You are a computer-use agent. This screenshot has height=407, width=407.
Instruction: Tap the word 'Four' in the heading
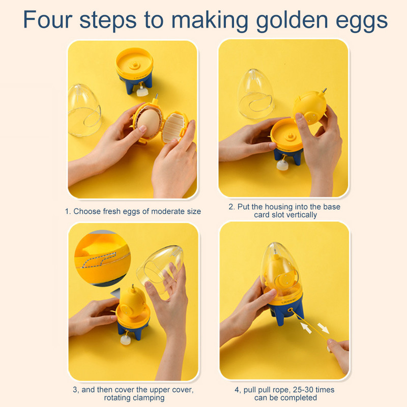pos(47,19)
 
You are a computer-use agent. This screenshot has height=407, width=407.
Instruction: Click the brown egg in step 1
pos(149,123)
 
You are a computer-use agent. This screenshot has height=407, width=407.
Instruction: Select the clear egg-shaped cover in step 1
pos(84,110)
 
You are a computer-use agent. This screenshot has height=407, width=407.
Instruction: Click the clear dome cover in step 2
pos(255,94)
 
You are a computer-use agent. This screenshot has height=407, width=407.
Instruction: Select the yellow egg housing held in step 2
pos(310,107)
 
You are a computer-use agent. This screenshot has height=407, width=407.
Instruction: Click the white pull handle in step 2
pos(282,165)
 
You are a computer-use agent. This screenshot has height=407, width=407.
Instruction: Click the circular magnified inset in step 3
pos(103,258)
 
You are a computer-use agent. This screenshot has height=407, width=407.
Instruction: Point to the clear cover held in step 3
pos(160,269)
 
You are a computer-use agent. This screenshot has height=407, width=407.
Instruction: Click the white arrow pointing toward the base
pos(306,328)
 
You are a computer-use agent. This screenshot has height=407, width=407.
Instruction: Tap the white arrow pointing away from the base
pos(324,328)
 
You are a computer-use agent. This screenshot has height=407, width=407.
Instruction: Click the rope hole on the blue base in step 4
pos(289,310)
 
